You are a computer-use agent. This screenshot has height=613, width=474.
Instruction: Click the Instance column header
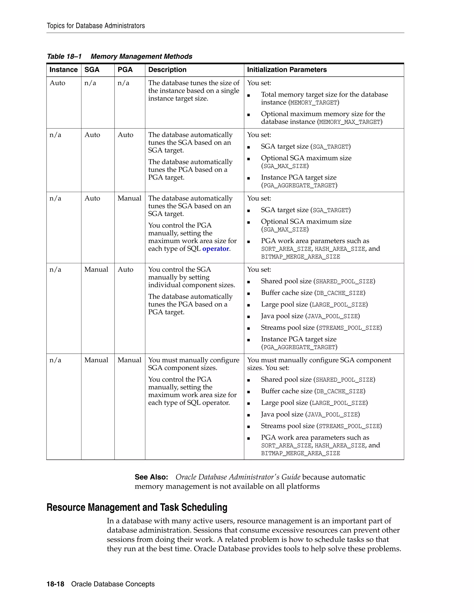(x=63, y=70)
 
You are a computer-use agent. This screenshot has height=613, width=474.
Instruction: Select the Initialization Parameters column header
(x=287, y=70)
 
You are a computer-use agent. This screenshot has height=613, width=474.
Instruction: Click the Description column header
(x=167, y=70)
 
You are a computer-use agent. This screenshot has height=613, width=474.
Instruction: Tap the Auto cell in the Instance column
(x=57, y=83)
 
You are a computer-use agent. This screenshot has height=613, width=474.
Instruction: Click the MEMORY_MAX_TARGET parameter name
(x=350, y=122)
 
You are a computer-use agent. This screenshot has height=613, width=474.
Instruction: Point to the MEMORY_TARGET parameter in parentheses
(x=314, y=103)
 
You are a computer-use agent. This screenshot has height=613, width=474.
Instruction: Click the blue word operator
(x=215, y=249)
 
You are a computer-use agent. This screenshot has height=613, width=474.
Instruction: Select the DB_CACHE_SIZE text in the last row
(x=340, y=391)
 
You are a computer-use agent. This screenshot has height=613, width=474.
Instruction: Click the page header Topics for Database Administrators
(x=96, y=26)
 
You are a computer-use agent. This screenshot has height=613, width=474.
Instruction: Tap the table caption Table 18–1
(x=64, y=56)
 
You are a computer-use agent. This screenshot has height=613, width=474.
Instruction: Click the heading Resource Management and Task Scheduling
(x=137, y=508)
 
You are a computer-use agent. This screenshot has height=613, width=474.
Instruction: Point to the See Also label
(x=151, y=477)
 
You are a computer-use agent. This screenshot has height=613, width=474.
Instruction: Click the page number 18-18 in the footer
(x=55, y=584)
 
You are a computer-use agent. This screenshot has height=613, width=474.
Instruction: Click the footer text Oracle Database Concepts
(x=113, y=584)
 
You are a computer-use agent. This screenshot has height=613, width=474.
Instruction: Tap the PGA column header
(x=125, y=70)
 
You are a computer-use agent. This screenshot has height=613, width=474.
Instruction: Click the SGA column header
(x=92, y=70)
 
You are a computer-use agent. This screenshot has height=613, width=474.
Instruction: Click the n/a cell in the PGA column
(x=123, y=83)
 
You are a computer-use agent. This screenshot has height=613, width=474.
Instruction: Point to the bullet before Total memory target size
(x=249, y=96)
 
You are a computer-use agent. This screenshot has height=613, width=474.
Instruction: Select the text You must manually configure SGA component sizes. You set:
(x=319, y=364)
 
